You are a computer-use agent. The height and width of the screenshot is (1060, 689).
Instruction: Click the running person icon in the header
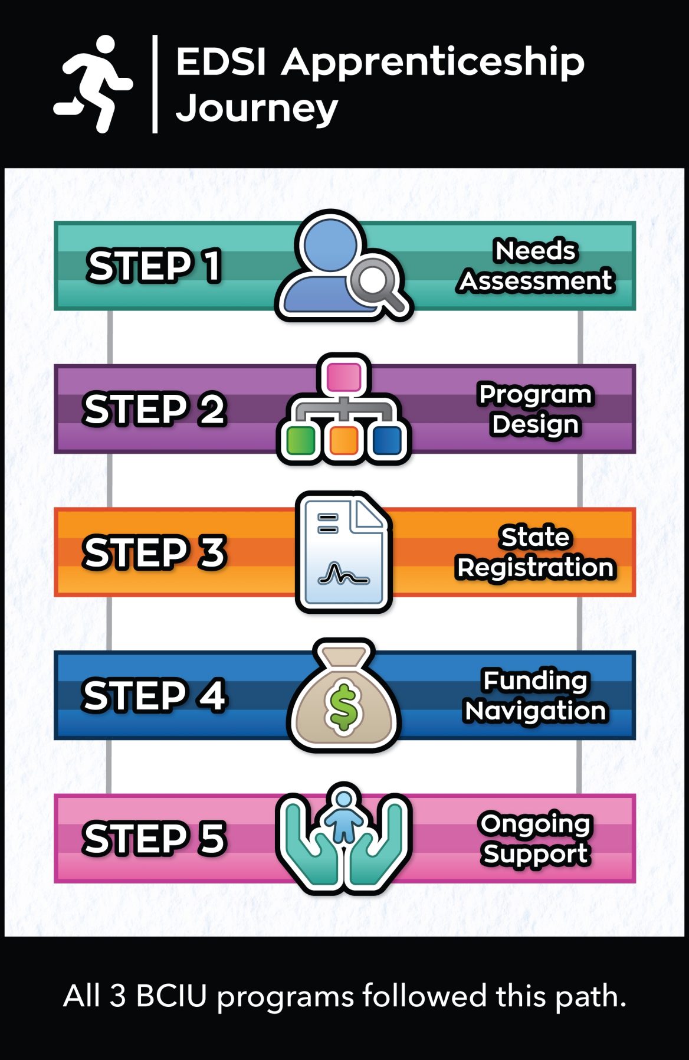[x=93, y=83]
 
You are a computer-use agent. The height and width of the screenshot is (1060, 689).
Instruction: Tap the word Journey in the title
[x=257, y=109]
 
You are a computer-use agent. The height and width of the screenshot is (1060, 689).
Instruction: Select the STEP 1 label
[x=154, y=266]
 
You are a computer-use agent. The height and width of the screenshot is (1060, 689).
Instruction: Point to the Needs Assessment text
[x=536, y=266]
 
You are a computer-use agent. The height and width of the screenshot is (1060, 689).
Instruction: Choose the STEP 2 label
[x=154, y=409]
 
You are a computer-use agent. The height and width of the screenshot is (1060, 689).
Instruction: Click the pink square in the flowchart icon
[x=343, y=377]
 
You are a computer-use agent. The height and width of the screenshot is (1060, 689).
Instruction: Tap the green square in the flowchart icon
[x=301, y=440]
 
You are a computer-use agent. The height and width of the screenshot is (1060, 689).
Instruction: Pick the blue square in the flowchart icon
[x=387, y=440]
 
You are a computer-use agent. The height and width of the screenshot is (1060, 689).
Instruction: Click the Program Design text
[x=535, y=409]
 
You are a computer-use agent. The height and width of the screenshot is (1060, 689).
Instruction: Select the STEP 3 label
[x=154, y=552]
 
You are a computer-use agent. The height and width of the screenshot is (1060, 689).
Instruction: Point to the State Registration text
[x=535, y=552]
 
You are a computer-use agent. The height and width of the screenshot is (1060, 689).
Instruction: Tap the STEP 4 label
[x=154, y=695]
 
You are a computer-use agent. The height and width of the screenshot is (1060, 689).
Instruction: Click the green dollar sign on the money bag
[x=343, y=706]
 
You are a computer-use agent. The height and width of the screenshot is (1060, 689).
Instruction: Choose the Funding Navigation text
[x=535, y=695]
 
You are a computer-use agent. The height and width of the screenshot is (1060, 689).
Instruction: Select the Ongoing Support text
[x=535, y=839]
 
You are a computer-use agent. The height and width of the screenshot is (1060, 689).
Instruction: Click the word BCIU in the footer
[x=171, y=996]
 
